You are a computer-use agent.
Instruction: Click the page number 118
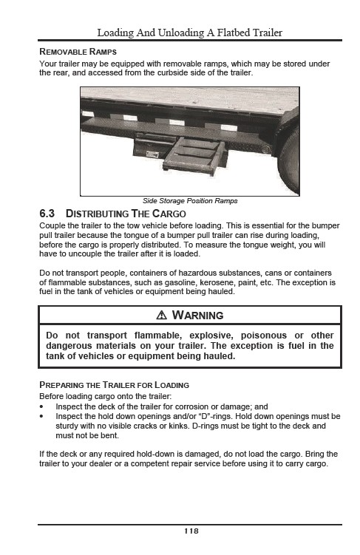[191, 531]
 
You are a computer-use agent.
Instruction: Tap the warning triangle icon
[161, 315]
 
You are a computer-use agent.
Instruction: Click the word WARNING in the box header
[197, 315]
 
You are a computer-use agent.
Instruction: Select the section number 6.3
[47, 214]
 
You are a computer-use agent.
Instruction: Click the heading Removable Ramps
[78, 52]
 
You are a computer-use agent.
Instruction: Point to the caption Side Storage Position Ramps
[190, 201]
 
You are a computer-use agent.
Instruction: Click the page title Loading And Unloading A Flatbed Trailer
[190, 33]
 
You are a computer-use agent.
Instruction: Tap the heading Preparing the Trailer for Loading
[114, 385]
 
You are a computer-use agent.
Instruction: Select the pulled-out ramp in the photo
[194, 156]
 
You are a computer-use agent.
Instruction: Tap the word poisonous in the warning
[264, 336]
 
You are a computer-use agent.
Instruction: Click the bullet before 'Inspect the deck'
[41, 406]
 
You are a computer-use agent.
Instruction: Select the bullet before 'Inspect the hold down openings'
[41, 416]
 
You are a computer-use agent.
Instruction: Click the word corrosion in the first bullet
[192, 406]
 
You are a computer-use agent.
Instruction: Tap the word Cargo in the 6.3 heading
[169, 214]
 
